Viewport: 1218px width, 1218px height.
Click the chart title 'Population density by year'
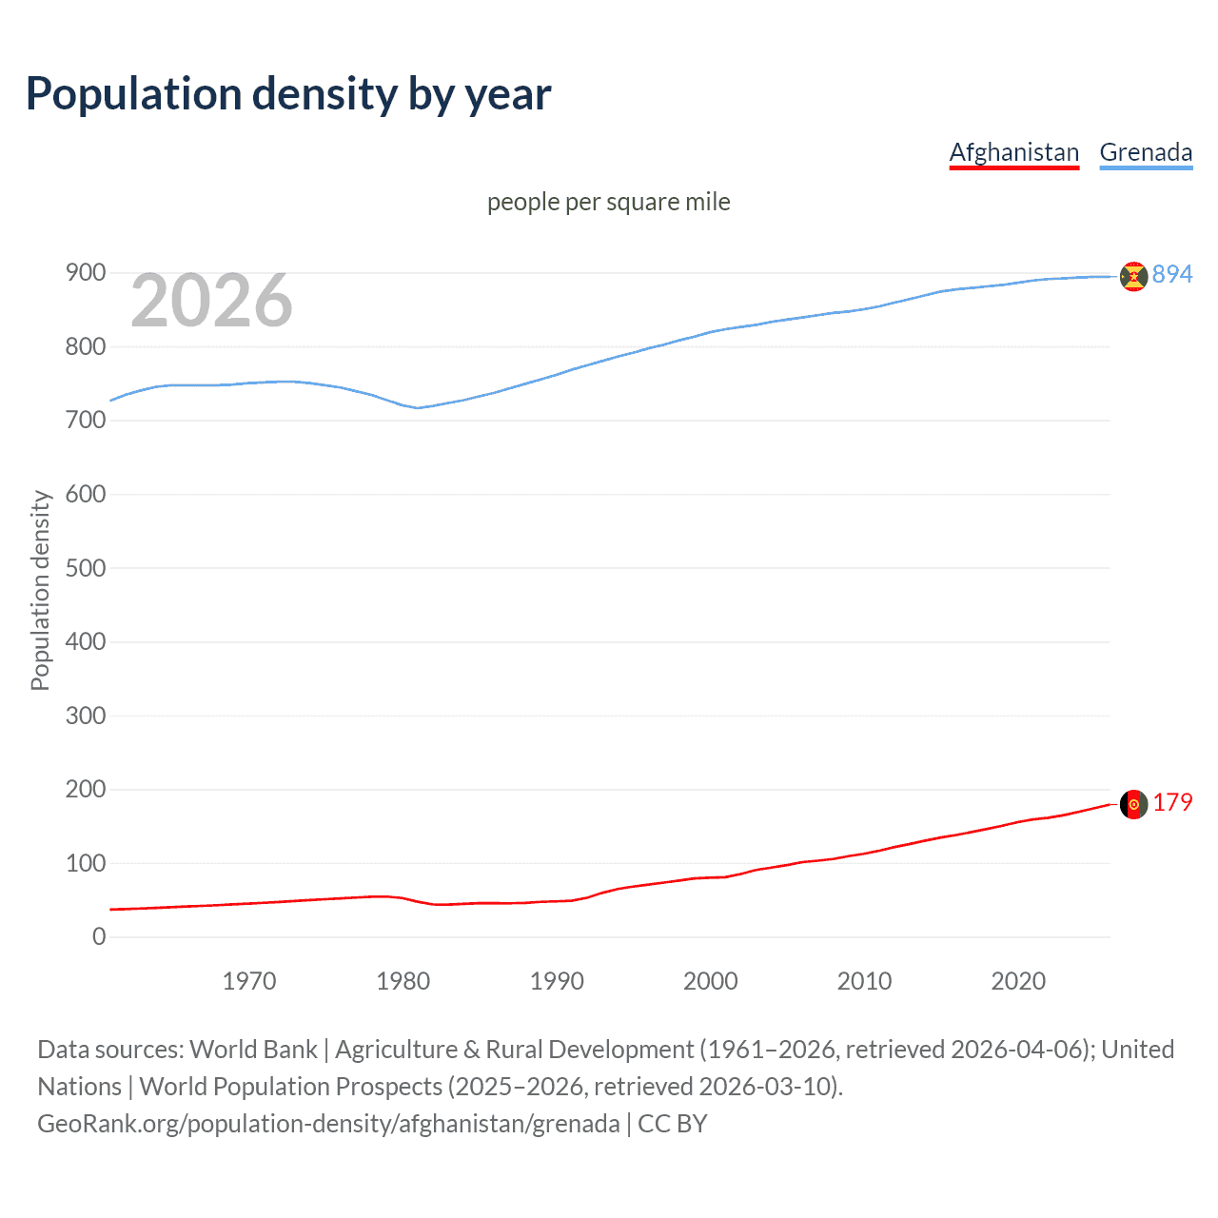288,94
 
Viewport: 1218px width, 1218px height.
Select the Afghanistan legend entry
1013,152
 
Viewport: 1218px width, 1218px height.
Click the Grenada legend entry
1146,152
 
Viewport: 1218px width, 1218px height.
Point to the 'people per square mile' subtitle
608,203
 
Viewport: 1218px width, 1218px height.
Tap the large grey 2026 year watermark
211,301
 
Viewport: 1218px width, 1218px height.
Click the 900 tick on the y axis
86,273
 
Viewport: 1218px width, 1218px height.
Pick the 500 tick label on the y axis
86,568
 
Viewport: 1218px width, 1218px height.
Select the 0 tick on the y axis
99,937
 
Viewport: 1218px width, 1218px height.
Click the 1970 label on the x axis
249,981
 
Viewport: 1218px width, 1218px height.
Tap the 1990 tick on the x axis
557,981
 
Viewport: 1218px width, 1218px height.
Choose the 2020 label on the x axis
1018,981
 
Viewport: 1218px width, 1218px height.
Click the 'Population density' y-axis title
40,590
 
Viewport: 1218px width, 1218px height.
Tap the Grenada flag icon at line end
1133,276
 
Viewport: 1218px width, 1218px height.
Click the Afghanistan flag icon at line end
1133,804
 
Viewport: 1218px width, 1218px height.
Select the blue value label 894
1172,274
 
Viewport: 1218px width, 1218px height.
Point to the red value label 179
1172,803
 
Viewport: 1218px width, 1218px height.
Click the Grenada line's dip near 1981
418,407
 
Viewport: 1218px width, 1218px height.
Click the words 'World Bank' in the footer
253,1050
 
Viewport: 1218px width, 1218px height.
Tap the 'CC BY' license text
672,1124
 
